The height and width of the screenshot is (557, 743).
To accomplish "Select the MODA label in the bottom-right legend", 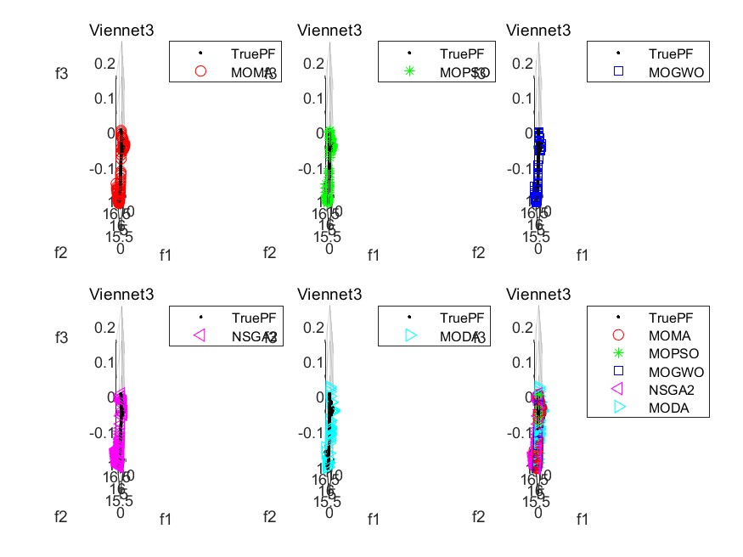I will click(x=667, y=408).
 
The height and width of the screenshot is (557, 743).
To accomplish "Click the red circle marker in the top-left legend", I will click(x=201, y=72).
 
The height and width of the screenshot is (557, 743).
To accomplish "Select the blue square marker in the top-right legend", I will click(x=619, y=72).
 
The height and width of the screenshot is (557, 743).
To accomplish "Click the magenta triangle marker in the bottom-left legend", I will click(x=201, y=335).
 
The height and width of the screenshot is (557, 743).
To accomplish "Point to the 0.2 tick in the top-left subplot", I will click(x=104, y=63).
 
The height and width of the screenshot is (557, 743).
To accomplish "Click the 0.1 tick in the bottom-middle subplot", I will click(x=313, y=362).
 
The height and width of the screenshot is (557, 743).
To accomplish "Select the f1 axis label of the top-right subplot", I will click(x=583, y=254).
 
